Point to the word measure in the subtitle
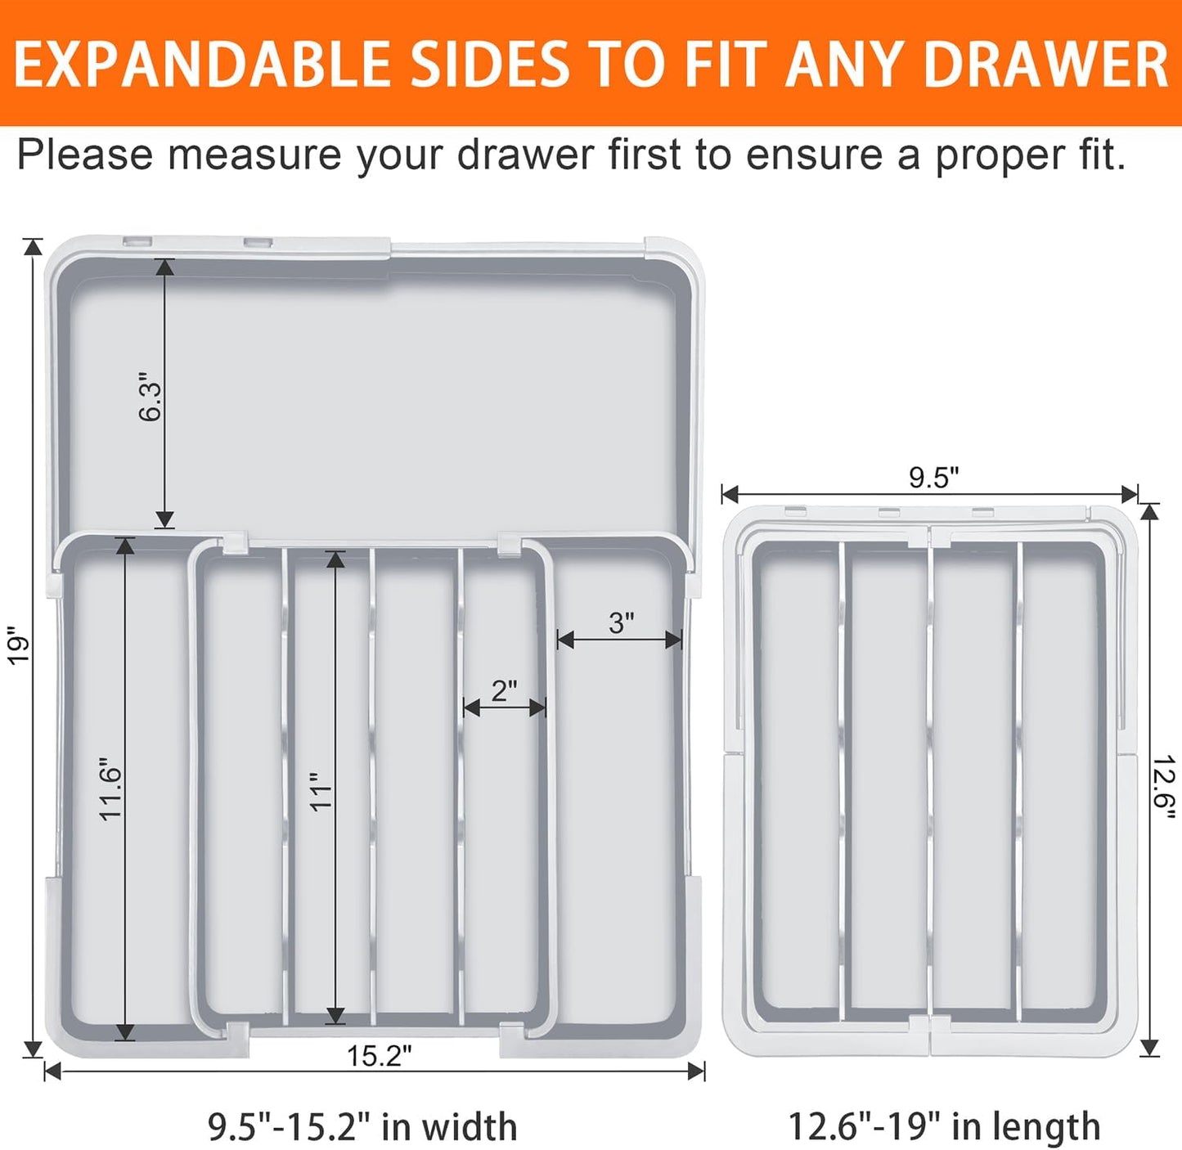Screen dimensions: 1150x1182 (x=254, y=155)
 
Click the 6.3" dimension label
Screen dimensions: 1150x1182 (x=150, y=398)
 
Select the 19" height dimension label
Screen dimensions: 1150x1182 (x=17, y=645)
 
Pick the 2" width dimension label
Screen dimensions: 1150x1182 (x=504, y=690)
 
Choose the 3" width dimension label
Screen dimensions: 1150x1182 (x=621, y=623)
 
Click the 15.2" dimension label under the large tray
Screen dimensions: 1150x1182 (x=379, y=1056)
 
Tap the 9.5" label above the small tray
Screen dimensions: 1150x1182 (x=933, y=478)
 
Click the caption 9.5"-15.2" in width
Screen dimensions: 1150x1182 (x=362, y=1126)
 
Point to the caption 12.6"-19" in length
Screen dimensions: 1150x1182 (x=943, y=1126)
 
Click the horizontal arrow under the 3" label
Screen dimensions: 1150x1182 (x=619, y=640)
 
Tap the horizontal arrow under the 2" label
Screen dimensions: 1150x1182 (x=505, y=708)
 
